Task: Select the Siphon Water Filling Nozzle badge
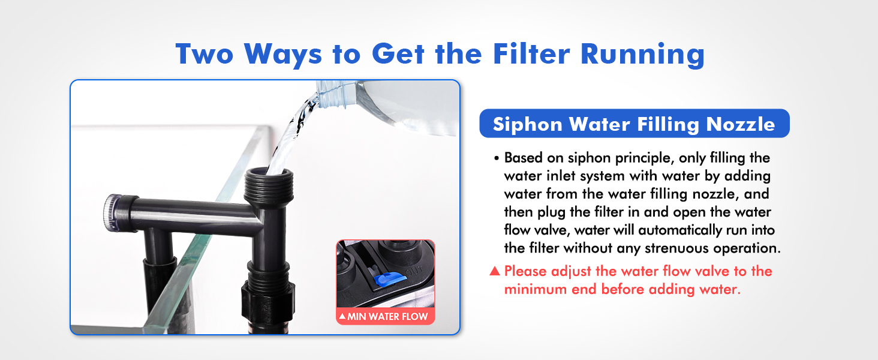tap(634, 124)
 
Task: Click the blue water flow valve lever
tap(387, 278)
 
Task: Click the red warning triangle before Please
tap(495, 271)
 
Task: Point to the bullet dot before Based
tap(497, 160)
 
